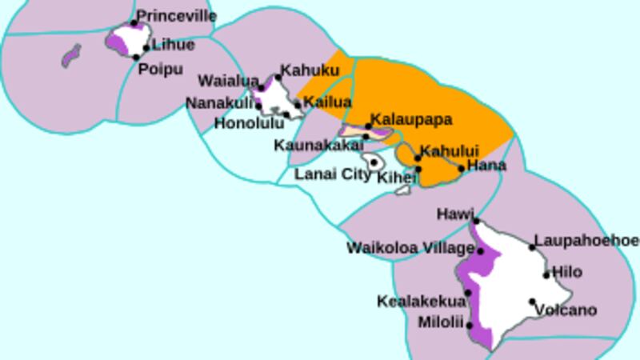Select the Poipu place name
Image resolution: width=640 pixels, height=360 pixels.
[x=161, y=70]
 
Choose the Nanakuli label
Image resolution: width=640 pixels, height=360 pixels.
[x=218, y=103]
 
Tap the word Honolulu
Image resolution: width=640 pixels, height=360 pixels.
[x=250, y=123]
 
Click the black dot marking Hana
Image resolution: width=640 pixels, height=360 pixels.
[x=462, y=168]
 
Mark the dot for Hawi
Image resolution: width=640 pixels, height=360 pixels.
[x=476, y=221]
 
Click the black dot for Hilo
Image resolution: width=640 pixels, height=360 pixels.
[x=547, y=275]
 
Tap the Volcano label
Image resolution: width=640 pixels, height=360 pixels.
[x=566, y=310]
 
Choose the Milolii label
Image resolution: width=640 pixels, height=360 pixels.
[x=441, y=323]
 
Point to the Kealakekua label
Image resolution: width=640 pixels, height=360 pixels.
[x=421, y=302]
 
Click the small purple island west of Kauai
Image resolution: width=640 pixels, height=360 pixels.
[x=71, y=55]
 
